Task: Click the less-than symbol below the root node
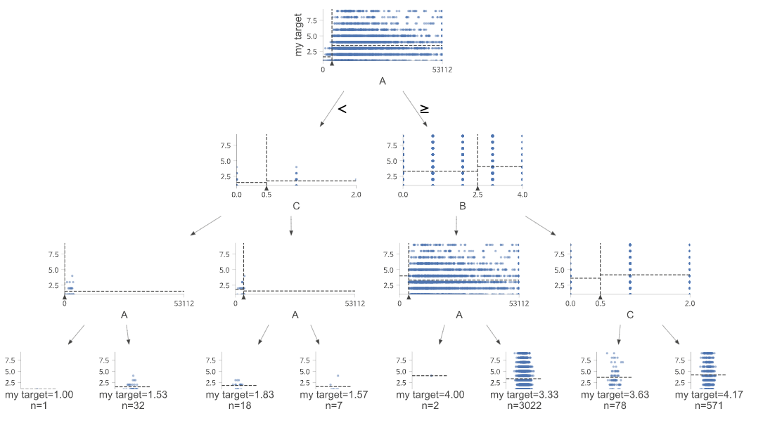(x=342, y=109)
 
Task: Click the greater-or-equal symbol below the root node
(x=425, y=109)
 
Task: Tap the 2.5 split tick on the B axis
(x=477, y=194)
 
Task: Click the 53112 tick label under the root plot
(x=442, y=70)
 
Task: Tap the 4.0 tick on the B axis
(x=521, y=194)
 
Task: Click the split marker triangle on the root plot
(x=332, y=63)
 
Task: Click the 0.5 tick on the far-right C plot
(x=600, y=303)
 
